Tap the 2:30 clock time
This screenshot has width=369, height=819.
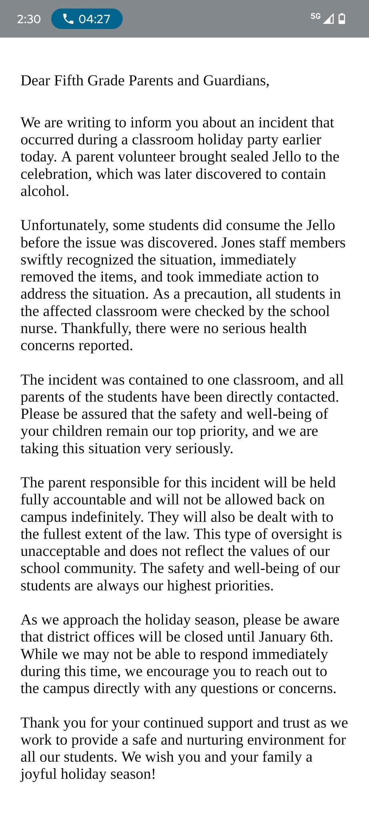pos(29,19)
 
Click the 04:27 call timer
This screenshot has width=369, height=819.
pos(94,19)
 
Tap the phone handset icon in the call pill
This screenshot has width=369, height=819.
pos(68,19)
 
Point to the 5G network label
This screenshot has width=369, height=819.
pos(315,16)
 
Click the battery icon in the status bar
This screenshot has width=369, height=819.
pos(342,19)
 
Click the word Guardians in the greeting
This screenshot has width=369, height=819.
pos(236,81)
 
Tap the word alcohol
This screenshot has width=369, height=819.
pos(44,191)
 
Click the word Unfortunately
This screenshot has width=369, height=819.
pos(64,226)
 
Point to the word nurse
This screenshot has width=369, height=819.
pos(39,328)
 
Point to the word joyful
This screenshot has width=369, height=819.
pos(39,774)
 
